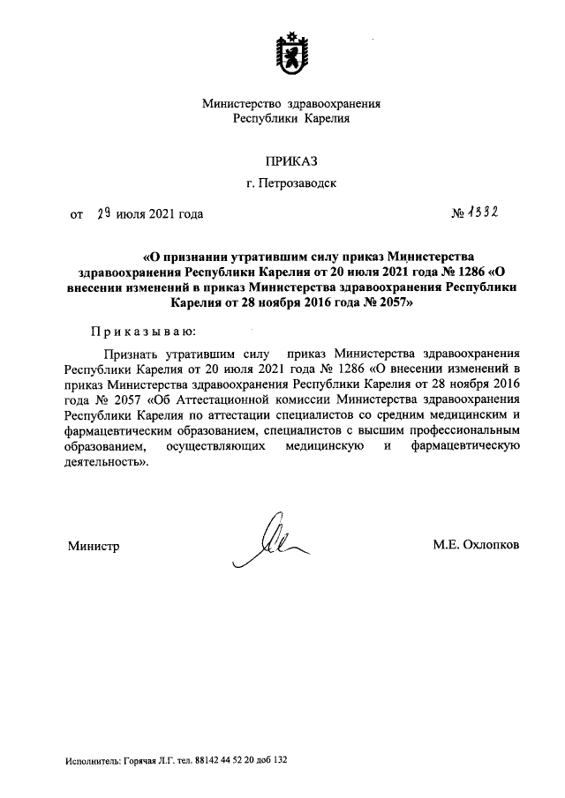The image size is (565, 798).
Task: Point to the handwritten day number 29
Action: pyautogui.click(x=103, y=213)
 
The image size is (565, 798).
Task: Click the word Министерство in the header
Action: pyautogui.click(x=240, y=102)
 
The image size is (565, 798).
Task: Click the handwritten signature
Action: pyautogui.click(x=269, y=541)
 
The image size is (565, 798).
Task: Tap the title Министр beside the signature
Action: pyautogui.click(x=94, y=546)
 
